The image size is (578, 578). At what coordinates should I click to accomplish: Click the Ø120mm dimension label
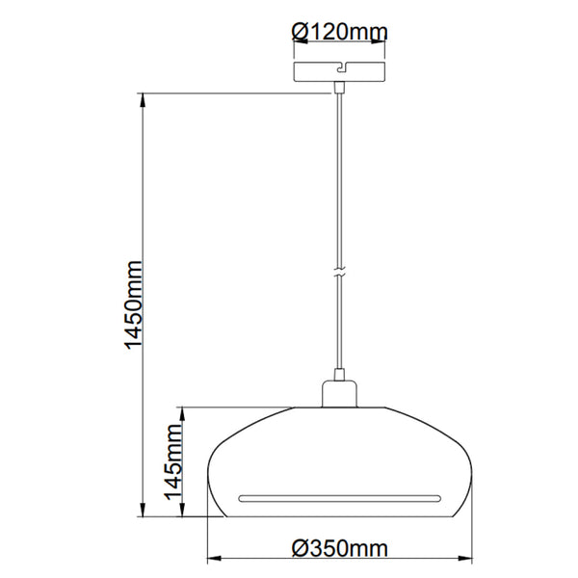coord(338,32)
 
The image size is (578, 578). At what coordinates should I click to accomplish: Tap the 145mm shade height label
coord(173,463)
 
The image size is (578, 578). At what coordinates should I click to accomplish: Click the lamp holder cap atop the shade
coord(338,394)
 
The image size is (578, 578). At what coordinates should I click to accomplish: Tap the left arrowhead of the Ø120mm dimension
coord(297,43)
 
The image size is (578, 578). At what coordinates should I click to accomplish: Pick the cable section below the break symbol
coord(338,328)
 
